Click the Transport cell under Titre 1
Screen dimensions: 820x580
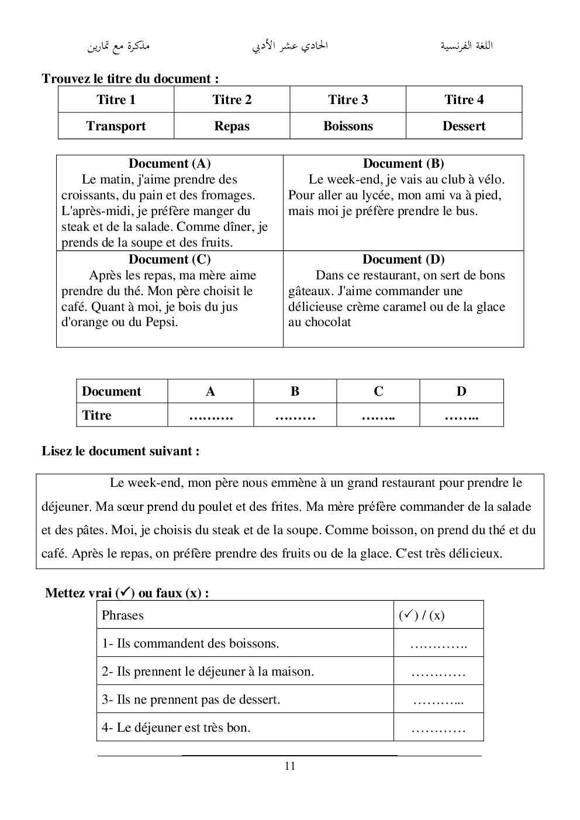tap(116, 126)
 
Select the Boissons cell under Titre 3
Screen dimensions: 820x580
tap(348, 126)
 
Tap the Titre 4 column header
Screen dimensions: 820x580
tap(464, 100)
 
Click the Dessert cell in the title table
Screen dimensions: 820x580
tap(464, 126)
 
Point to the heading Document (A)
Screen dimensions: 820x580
tap(170, 164)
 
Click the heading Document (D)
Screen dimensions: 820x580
tap(403, 260)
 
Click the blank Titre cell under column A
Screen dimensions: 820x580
tap(210, 416)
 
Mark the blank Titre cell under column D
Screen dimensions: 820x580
tap(461, 416)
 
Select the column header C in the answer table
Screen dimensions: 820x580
tap(378, 392)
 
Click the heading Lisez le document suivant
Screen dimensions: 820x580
tap(120, 451)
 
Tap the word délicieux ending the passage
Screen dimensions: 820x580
tap(474, 553)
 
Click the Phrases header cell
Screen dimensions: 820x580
tap(123, 615)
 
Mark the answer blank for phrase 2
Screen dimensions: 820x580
tap(439, 672)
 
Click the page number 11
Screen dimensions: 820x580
tap(290, 766)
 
